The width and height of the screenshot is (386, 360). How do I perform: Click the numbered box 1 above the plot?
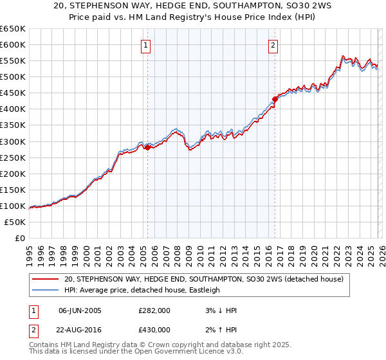pyautogui.click(x=147, y=45)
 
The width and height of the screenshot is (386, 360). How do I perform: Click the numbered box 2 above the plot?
pyautogui.click(x=273, y=45)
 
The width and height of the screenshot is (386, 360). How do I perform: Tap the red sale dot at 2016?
pyautogui.click(x=275, y=99)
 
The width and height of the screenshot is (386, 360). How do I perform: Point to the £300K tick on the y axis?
pyautogui.click(x=13, y=141)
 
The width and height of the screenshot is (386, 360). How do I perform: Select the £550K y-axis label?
pyautogui.click(x=13, y=61)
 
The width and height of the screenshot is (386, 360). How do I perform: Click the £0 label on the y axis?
pyautogui.click(x=19, y=238)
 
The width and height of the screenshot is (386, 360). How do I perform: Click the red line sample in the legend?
pyautogui.click(x=45, y=279)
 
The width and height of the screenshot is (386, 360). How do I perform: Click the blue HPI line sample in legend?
pyautogui.click(x=45, y=290)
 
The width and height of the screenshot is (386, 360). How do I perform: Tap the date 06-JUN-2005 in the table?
pyautogui.click(x=80, y=310)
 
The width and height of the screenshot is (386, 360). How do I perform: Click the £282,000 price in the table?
pyautogui.click(x=154, y=310)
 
